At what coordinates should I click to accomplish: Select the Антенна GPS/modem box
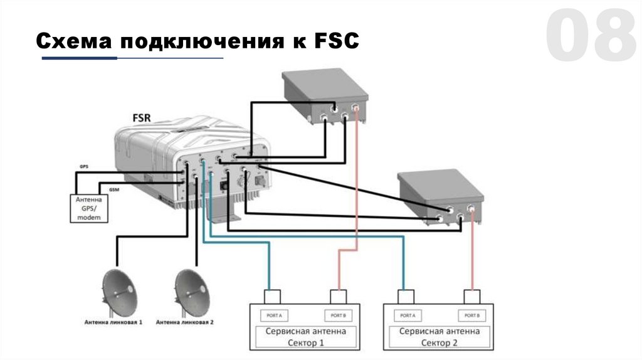[x=88, y=208]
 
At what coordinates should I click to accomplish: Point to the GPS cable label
[x=83, y=167]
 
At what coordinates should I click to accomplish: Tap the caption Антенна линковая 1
[x=114, y=322]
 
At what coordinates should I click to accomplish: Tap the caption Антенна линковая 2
[x=186, y=322]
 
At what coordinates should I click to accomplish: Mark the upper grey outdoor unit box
[x=324, y=94]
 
